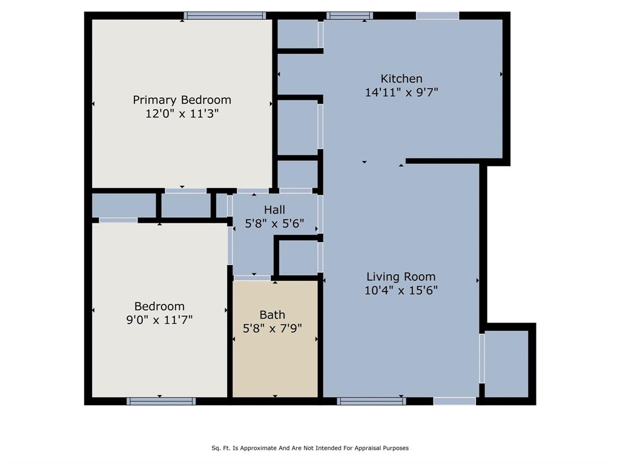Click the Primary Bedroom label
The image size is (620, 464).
(182, 100)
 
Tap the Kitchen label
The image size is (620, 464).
(401, 79)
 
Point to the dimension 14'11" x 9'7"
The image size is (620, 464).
(401, 93)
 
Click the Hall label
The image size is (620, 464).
(274, 210)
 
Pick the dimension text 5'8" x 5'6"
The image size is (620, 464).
(274, 223)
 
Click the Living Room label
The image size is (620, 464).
(401, 277)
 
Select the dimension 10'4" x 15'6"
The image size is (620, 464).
(401, 290)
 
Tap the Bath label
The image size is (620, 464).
(272, 315)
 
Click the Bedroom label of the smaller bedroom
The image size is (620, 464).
(159, 306)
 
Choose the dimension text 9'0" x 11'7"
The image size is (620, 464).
(159, 319)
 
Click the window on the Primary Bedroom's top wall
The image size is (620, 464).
(225, 16)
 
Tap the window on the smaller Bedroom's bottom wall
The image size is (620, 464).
(161, 400)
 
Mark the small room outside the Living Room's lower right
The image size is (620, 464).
(507, 364)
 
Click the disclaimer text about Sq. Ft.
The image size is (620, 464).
(310, 448)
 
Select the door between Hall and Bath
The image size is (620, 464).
(252, 278)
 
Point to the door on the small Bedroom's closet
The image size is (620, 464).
(118, 220)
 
